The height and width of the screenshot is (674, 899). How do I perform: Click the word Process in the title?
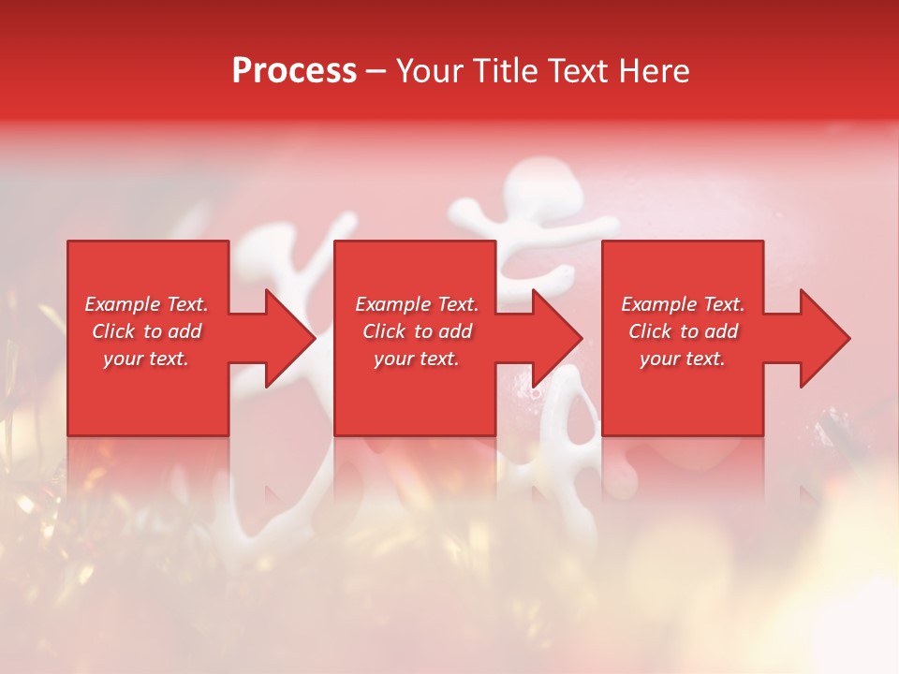pos(294,71)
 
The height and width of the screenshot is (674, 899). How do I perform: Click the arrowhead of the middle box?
pos(555,338)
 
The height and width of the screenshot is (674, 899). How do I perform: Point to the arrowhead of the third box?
pos(823,338)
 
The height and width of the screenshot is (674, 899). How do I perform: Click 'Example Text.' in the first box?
pos(146,304)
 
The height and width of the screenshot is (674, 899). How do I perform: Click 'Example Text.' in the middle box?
pos(416,304)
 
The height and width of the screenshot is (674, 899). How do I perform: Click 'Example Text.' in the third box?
pos(683,304)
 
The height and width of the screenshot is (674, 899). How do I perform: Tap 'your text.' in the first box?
pos(146,359)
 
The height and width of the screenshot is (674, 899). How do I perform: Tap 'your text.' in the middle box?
pos(416,359)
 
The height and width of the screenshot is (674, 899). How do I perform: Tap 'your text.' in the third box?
pos(683,359)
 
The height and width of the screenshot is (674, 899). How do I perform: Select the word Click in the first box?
pos(113,331)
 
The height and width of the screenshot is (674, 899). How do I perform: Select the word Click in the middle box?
pos(384,331)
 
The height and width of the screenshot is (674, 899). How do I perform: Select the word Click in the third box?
pos(650,331)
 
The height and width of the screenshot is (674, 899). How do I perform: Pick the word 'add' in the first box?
pos(185,331)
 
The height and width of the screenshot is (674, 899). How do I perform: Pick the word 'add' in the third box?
pos(722,331)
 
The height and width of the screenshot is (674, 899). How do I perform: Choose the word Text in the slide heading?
pos(577,71)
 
